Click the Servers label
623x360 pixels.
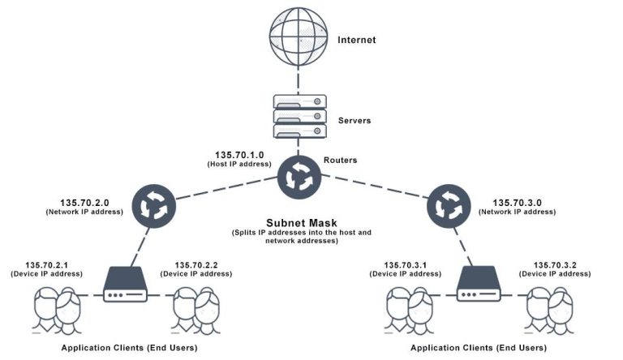coord(354,120)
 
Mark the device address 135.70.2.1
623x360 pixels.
coord(46,265)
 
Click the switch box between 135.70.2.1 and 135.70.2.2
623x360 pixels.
coord(126,285)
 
